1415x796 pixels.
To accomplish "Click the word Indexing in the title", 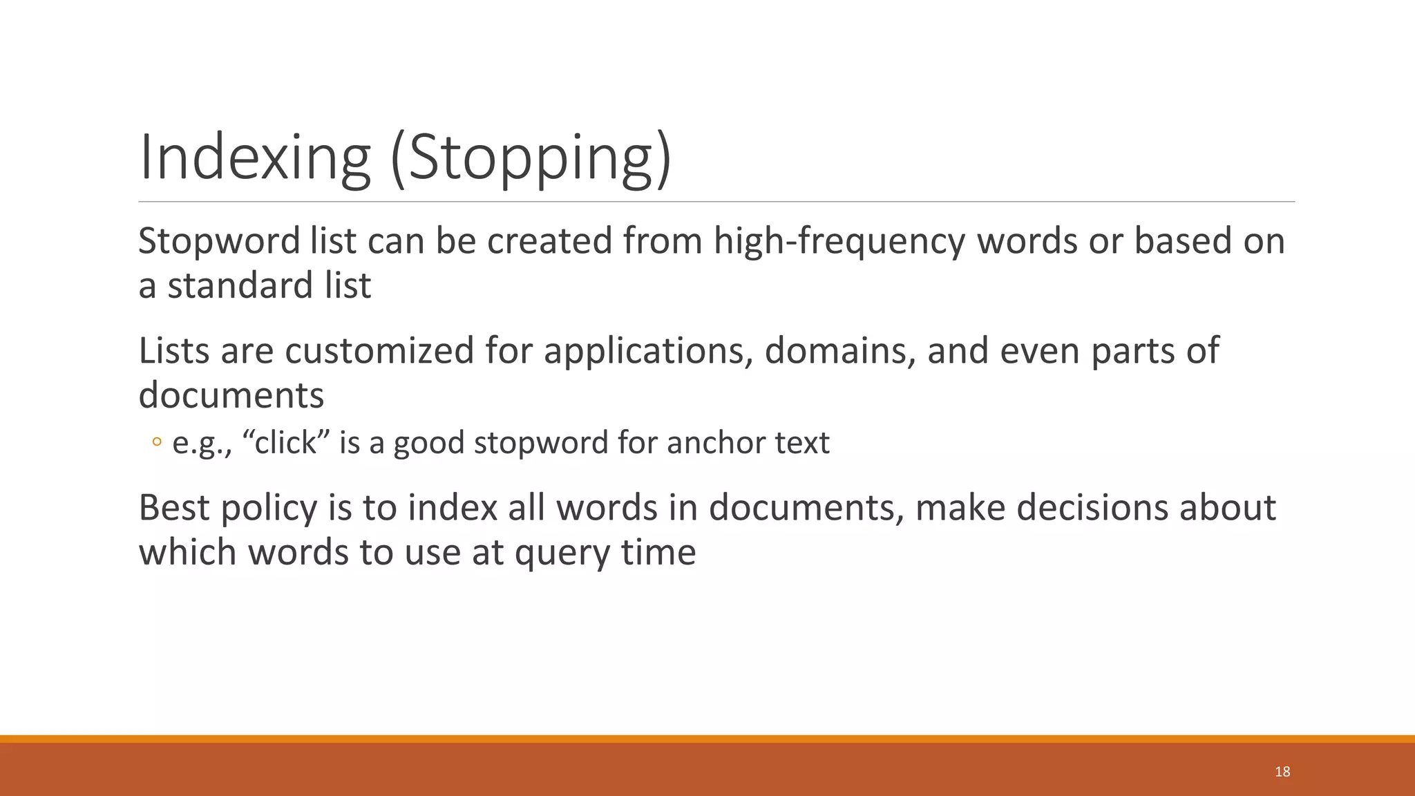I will (255, 159).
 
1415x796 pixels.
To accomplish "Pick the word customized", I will (379, 351).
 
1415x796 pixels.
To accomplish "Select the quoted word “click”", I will (285, 443).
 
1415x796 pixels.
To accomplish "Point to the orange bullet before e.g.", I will (157, 443).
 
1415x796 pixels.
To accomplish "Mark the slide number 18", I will (1282, 772).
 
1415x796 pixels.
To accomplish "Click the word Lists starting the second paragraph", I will (174, 351).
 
